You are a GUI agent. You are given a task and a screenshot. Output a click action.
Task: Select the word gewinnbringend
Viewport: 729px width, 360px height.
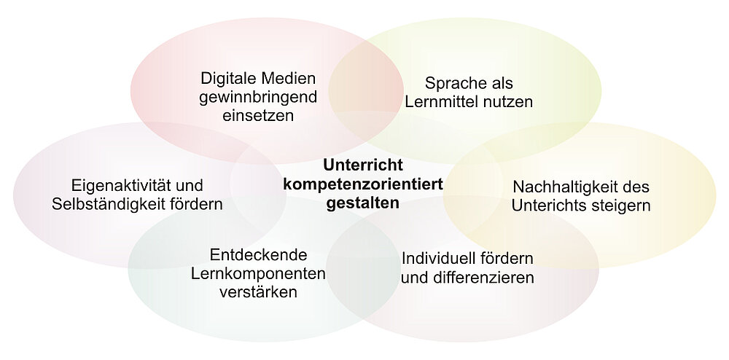pos(258,98)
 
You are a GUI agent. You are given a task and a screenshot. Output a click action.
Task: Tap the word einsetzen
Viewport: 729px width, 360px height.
pos(258,115)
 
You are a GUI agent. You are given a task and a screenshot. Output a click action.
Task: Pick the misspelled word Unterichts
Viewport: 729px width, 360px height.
pos(549,206)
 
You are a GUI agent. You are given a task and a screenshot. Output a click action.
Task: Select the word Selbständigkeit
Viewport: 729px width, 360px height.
pos(111,204)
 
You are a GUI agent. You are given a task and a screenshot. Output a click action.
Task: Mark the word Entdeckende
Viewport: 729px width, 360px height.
pos(259,255)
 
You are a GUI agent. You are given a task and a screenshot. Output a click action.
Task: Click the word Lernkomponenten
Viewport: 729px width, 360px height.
pos(259,274)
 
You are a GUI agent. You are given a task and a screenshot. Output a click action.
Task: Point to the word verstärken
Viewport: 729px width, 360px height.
pos(259,293)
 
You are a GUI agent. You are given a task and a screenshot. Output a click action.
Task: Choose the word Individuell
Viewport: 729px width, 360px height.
pos(431,258)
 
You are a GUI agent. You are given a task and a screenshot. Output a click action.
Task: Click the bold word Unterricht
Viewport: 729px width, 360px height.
pos(363,165)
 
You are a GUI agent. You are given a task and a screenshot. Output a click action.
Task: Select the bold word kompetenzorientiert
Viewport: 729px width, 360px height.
pos(363,184)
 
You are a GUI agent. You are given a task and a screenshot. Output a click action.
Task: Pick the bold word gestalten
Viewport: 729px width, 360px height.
pos(363,204)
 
